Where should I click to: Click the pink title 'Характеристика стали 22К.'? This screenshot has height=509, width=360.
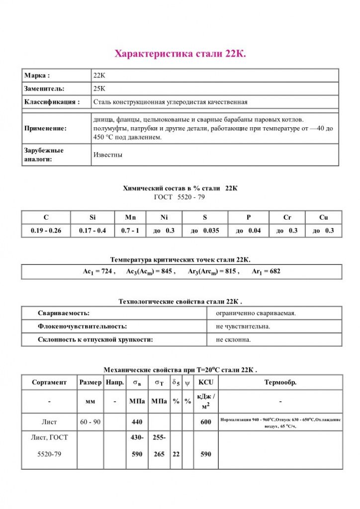pos(180,53)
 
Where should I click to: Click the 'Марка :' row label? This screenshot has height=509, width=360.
pos(37,76)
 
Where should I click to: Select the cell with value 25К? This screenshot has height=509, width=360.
pos(99,89)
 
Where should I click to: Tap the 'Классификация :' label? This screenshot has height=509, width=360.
pos(52,102)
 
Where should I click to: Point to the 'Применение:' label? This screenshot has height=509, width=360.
pos(45,129)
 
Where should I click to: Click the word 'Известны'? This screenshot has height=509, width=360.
pos(108,155)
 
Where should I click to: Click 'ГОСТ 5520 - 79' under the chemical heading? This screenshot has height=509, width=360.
pos(180,197)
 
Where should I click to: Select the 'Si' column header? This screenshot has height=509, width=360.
pos(92,217)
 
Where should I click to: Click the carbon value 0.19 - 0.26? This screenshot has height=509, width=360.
pos(46,231)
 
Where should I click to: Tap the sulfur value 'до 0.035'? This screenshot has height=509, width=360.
pos(205,231)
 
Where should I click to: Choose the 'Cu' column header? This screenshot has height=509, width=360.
pos(323,217)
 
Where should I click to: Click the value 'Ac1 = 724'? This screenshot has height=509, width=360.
pos(99,272)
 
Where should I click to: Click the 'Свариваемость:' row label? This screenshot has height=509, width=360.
pos(64,313)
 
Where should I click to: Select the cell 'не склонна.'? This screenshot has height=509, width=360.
pos(234,339)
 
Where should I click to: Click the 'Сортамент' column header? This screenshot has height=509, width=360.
pos(49,382)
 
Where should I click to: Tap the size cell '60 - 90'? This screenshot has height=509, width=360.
pos(90,422)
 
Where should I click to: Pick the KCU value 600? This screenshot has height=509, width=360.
pos(205,422)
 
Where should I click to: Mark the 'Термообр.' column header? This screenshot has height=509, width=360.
pos(280,382)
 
